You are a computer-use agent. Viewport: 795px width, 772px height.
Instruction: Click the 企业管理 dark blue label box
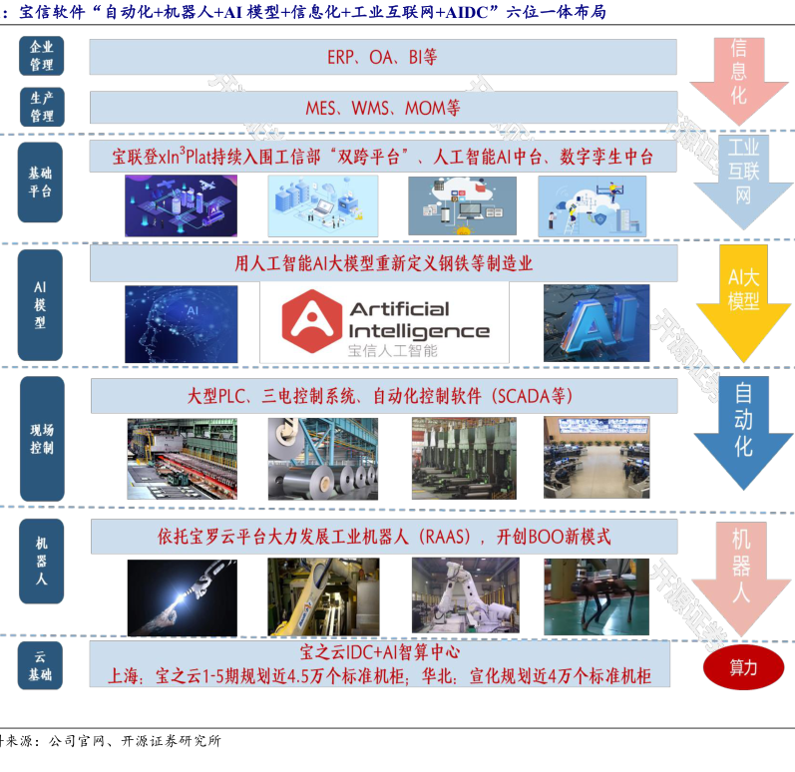click(41, 56)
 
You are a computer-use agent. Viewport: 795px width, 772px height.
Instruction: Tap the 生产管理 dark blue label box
click(41, 107)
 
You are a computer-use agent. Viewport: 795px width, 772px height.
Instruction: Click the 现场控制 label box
click(41, 438)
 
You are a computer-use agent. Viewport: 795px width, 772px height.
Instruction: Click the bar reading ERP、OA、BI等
click(383, 57)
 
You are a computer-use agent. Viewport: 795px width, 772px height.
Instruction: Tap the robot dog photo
click(596, 595)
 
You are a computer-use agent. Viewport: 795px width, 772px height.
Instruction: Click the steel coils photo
click(321, 458)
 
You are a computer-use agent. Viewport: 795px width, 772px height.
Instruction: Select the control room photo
click(596, 458)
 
